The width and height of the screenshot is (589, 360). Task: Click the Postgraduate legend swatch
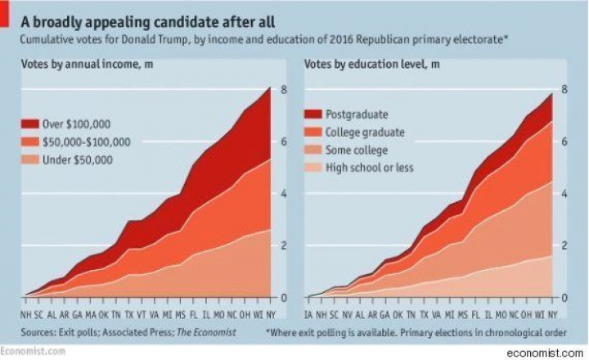(x=313, y=115)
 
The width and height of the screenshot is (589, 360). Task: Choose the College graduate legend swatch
(x=313, y=133)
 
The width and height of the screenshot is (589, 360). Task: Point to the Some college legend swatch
(x=313, y=151)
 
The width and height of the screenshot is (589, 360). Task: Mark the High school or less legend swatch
(x=313, y=169)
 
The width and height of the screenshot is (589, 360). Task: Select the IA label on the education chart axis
(x=309, y=313)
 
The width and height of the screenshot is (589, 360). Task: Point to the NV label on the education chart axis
(x=348, y=313)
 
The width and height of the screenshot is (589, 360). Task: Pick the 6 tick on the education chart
(x=563, y=142)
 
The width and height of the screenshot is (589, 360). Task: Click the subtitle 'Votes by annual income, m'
(x=81, y=65)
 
